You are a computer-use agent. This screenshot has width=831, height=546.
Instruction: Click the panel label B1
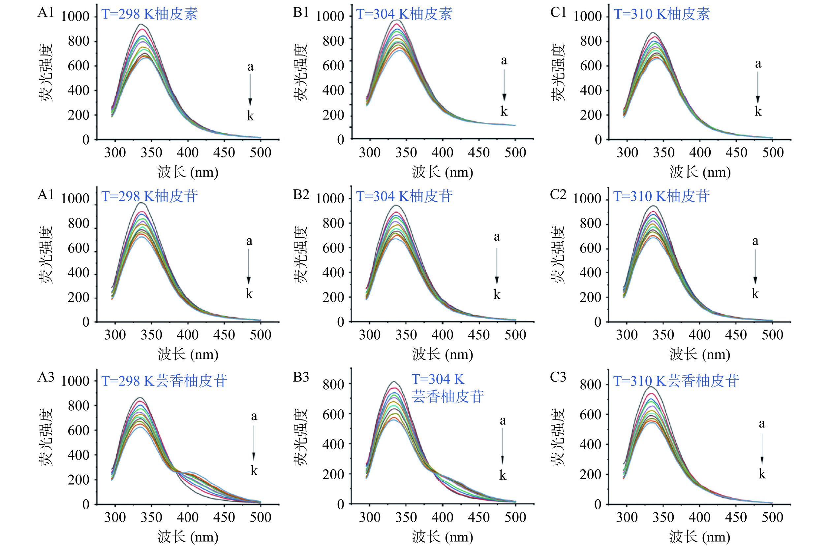[x=300, y=12]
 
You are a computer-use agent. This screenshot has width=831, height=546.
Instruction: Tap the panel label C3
[x=558, y=377]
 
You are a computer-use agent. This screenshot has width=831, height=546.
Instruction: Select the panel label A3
[x=46, y=377]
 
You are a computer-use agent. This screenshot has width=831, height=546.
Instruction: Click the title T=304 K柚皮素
[x=404, y=14]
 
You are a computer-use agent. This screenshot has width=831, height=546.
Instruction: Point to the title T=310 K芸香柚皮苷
[x=676, y=381]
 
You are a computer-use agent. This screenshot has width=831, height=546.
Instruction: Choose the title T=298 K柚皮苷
[x=149, y=196]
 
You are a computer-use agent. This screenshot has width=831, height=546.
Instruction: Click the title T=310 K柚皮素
[x=662, y=14]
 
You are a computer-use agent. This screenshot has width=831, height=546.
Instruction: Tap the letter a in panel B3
[x=503, y=421]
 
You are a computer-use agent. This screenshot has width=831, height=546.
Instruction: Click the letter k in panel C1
[x=758, y=112]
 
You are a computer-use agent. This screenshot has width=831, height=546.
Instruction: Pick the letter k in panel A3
[x=254, y=470]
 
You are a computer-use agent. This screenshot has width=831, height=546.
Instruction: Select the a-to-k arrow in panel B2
[x=497, y=266]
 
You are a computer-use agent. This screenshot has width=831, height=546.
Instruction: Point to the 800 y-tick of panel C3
[x=590, y=385]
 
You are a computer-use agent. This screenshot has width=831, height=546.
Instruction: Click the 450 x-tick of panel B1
[x=479, y=153]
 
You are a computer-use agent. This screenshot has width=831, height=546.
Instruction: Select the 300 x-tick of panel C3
[x=627, y=517]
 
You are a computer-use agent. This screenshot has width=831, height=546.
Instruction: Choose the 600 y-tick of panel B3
[x=333, y=415]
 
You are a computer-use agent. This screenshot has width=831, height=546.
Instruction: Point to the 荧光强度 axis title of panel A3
[x=46, y=437]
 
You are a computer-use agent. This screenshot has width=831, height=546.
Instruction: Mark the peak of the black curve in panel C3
[x=651, y=387]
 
